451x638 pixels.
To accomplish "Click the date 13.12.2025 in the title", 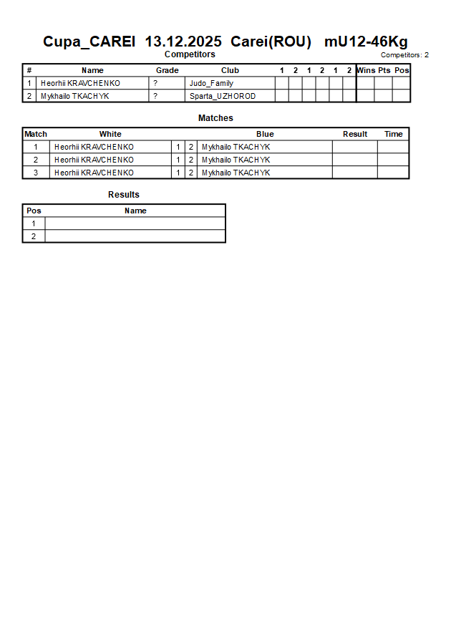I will pyautogui.click(x=183, y=42).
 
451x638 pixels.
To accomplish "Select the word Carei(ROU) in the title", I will pyautogui.click(x=271, y=42).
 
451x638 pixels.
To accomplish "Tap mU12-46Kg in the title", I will pyautogui.click(x=366, y=42).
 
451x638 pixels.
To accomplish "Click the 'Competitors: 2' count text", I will pyautogui.click(x=404, y=55).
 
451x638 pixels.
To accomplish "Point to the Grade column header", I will pyautogui.click(x=167, y=70).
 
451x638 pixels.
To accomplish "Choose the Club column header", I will pyautogui.click(x=230, y=70).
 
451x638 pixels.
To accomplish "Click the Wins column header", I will pyautogui.click(x=366, y=70).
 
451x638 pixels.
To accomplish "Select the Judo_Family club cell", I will pyautogui.click(x=211, y=83).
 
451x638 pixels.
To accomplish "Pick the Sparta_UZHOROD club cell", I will pyautogui.click(x=223, y=96).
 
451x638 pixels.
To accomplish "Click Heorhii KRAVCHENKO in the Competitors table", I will pyautogui.click(x=80, y=83).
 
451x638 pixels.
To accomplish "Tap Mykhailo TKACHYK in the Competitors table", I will pyautogui.click(x=75, y=96).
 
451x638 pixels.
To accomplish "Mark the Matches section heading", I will pyautogui.click(x=215, y=118).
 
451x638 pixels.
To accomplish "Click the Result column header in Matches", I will pyautogui.click(x=355, y=134).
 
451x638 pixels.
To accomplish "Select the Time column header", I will pyautogui.click(x=394, y=134).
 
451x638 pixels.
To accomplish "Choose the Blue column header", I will pyautogui.click(x=265, y=134).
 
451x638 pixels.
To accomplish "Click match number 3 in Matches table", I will pyautogui.click(x=36, y=173).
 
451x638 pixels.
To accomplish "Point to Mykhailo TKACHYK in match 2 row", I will pyautogui.click(x=236, y=160).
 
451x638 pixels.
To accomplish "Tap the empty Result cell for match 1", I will pyautogui.click(x=355, y=147).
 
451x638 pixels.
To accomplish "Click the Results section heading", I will pyautogui.click(x=124, y=195).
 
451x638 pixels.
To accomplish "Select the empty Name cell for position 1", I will pyautogui.click(x=135, y=223).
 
